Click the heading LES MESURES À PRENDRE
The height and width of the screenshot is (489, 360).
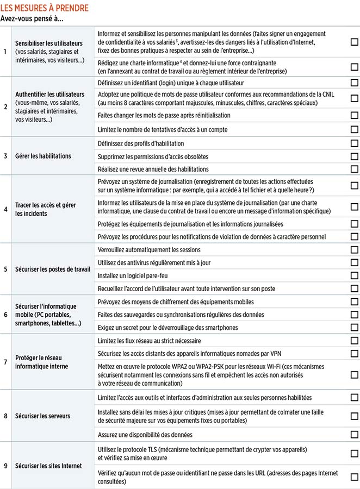pos(45,8)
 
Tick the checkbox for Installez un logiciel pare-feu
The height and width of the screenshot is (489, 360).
pos(354,275)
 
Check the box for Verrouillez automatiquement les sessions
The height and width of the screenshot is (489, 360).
pos(354,250)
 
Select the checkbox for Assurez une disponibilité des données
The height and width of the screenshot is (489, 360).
pos(354,435)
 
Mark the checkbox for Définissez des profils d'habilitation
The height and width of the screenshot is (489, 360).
pos(354,143)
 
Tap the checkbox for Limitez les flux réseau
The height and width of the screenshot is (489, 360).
pos(354,341)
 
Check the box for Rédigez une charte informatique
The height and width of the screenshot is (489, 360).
pos(354,67)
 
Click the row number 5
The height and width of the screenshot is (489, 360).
pos(5,269)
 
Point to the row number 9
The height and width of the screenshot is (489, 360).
pos(5,466)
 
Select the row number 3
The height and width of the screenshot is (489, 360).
pos(5,156)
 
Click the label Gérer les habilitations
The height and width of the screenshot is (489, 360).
pos(43,156)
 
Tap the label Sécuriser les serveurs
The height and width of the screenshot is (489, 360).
pos(44,416)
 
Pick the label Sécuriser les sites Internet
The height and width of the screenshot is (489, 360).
pos(49,466)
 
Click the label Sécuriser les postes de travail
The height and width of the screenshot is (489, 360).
pos(53,269)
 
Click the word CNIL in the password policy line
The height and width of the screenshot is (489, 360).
pos(327,94)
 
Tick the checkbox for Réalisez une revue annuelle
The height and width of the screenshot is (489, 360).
pos(354,169)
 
